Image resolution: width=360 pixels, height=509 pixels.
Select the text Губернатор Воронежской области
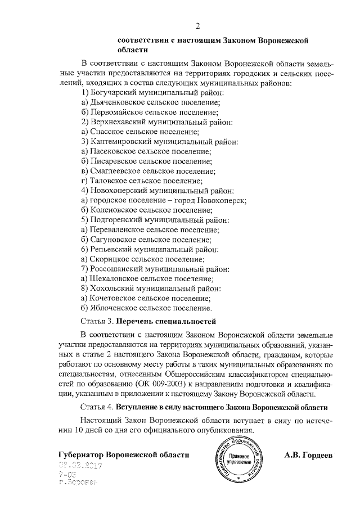tap(124, 454)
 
